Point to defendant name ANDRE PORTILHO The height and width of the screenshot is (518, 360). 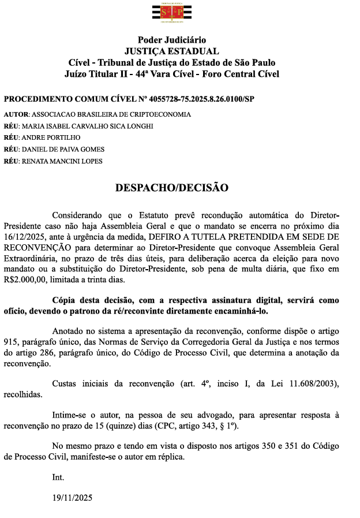(51, 137)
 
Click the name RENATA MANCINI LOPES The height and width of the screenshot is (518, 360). (62, 161)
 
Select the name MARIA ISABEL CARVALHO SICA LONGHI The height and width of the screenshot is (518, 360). (88, 126)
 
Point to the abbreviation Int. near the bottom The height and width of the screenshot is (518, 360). (58, 478)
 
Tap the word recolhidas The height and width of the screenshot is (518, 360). (22, 396)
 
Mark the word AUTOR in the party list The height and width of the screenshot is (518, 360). (16, 114)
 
